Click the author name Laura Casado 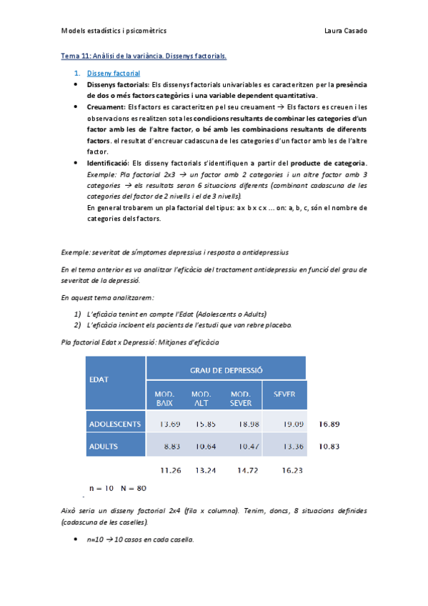tap(346, 31)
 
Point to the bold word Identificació tap(108, 162)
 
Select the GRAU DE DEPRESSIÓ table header tap(227, 369)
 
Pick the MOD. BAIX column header tap(164, 399)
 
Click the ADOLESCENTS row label tap(115, 424)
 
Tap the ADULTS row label tap(104, 447)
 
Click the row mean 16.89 tap(329, 424)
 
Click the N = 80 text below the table tap(131, 489)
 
